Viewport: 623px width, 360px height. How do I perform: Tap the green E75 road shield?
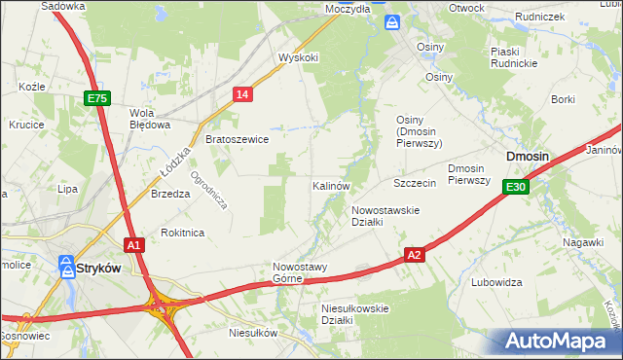click(x=97, y=98)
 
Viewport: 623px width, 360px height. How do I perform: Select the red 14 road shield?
click(x=243, y=93)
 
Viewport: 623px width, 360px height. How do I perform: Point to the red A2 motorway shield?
click(x=414, y=255)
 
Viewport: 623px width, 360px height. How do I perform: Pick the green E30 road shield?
click(x=516, y=187)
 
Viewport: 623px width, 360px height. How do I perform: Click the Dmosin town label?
click(x=527, y=157)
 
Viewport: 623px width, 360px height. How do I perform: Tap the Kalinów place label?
click(x=331, y=185)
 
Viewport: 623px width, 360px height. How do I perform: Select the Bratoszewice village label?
click(x=237, y=139)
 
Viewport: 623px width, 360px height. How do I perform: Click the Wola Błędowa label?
click(x=150, y=118)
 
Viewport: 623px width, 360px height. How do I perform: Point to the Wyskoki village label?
click(x=298, y=57)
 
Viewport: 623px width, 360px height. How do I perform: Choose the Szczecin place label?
click(x=413, y=183)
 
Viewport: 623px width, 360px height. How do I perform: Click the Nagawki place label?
click(x=582, y=242)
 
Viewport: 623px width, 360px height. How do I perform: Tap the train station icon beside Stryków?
click(x=68, y=266)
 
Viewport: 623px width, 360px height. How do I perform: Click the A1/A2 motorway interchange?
click(x=162, y=309)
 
